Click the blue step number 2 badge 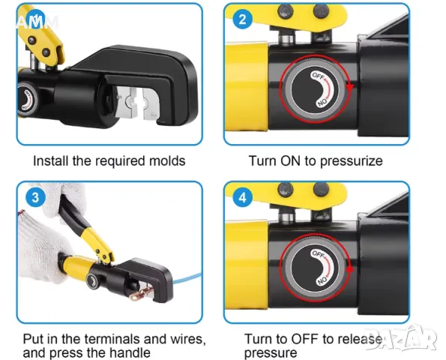(242, 19)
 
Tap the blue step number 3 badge (35, 197)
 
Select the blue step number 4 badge (242, 197)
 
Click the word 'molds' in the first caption (167, 160)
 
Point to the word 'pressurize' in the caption (351, 161)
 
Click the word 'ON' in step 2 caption (290, 160)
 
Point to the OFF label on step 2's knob (318, 76)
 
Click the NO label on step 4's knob (322, 280)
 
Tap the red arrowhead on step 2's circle (349, 88)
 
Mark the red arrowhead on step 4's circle (350, 268)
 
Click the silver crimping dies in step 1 (137, 103)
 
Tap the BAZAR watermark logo (402, 339)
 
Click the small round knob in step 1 (27, 99)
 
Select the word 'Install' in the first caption (51, 160)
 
